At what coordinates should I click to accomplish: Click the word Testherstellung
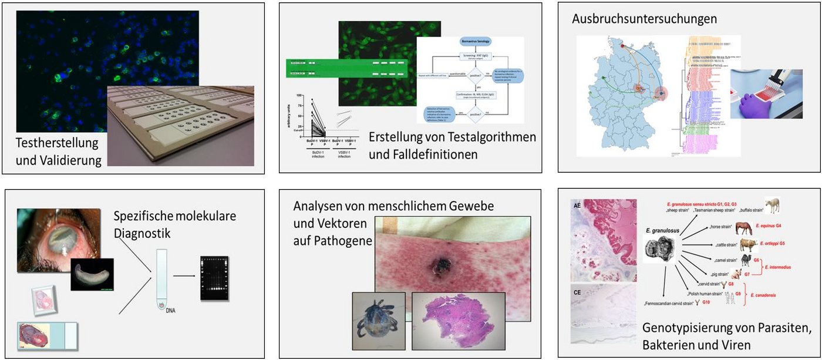click(x=57, y=143)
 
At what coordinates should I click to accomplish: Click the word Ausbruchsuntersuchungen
click(x=644, y=19)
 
